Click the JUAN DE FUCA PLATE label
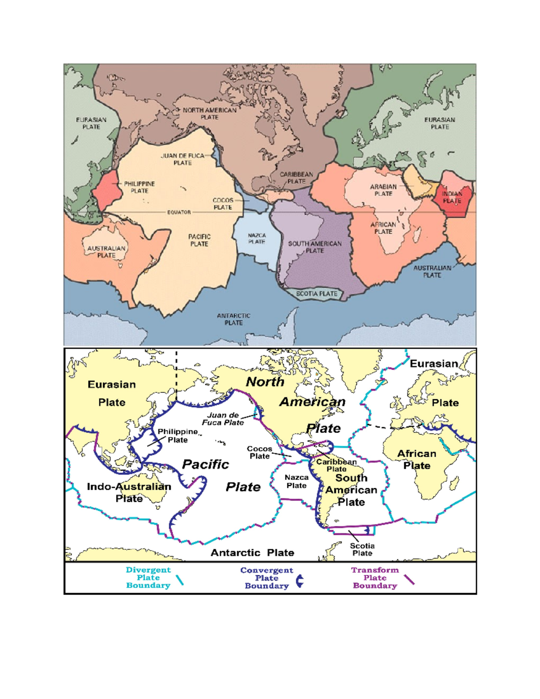[x=182, y=159]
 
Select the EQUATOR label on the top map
[x=179, y=212]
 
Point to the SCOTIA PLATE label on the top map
[x=316, y=293]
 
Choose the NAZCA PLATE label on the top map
[x=256, y=239]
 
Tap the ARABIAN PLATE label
[x=383, y=190]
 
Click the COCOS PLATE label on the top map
[x=223, y=203]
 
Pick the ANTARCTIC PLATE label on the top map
[x=234, y=319]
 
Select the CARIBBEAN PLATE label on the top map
[x=297, y=178]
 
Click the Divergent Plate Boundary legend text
[x=148, y=577]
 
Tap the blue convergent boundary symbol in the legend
[x=300, y=581]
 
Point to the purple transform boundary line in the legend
[x=409, y=580]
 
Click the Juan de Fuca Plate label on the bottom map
[x=223, y=419]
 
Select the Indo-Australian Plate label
[x=129, y=492]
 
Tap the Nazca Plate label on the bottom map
[x=297, y=481]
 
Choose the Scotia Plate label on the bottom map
[x=362, y=549]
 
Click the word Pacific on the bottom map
[x=206, y=464]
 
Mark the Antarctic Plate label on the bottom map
[x=252, y=552]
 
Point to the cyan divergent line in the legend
[x=180, y=580]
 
